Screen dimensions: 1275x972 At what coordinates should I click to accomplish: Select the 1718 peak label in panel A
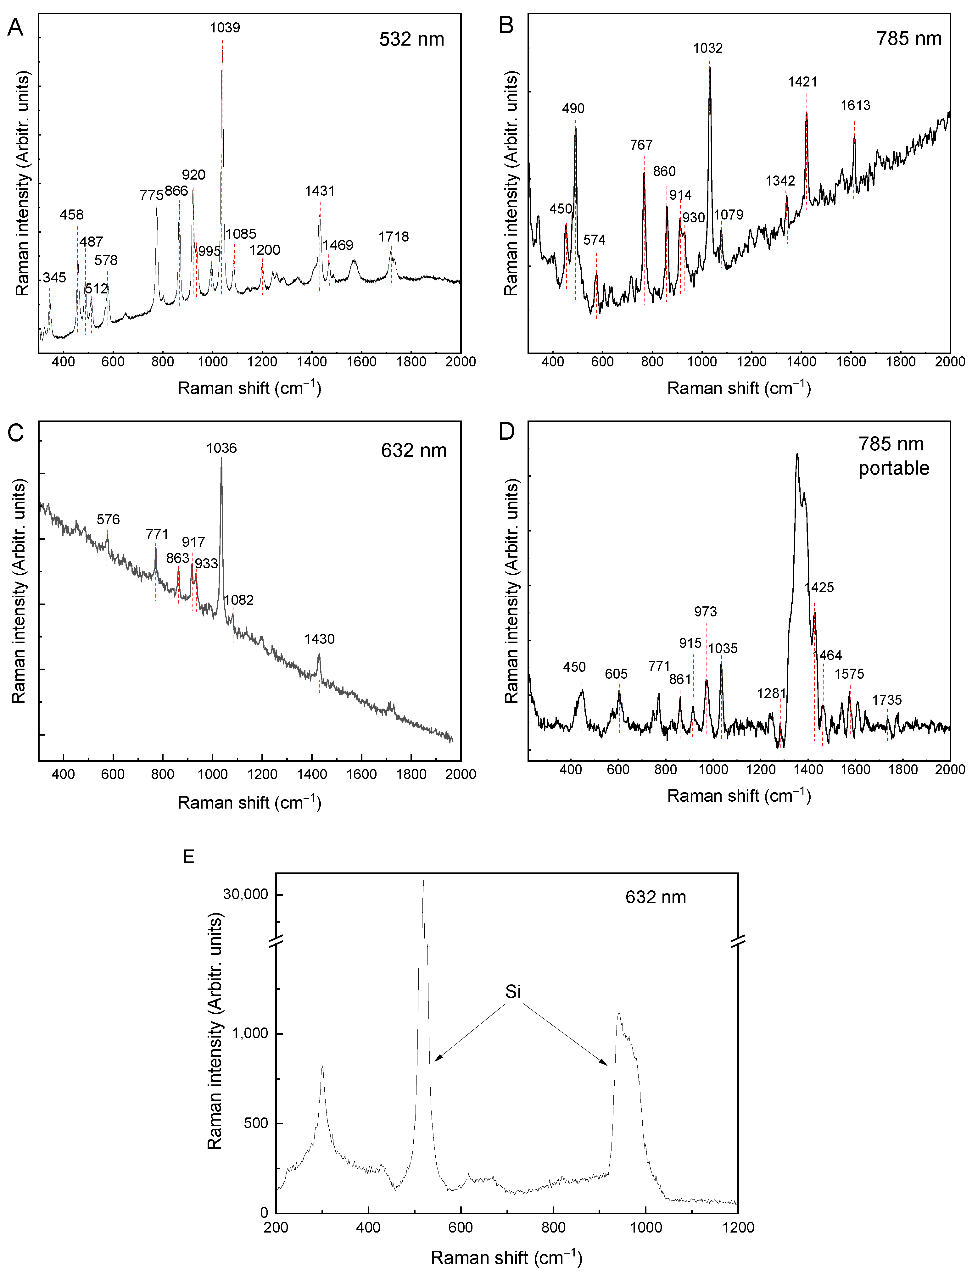(394, 237)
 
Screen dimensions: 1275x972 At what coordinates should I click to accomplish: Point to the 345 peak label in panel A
(54, 278)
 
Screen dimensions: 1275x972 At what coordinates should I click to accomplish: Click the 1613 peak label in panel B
(855, 105)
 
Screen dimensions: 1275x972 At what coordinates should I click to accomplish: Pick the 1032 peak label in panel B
(707, 48)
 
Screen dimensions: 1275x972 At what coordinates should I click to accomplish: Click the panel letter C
(16, 433)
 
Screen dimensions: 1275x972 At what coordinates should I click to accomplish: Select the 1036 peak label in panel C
(221, 448)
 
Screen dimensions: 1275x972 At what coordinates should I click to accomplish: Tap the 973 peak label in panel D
(705, 611)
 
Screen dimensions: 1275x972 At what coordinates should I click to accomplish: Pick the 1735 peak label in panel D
(887, 700)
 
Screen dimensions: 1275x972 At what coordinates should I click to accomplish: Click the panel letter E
(189, 857)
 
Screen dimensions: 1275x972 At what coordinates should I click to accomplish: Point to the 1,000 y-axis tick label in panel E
(250, 1033)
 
